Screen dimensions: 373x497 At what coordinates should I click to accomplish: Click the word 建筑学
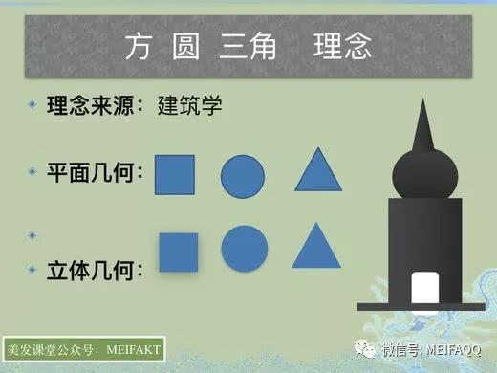(191, 105)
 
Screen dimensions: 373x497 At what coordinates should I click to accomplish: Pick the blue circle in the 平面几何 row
(243, 176)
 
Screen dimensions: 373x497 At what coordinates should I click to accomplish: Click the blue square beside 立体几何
(178, 251)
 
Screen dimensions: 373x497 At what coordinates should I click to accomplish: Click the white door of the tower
(423, 289)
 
